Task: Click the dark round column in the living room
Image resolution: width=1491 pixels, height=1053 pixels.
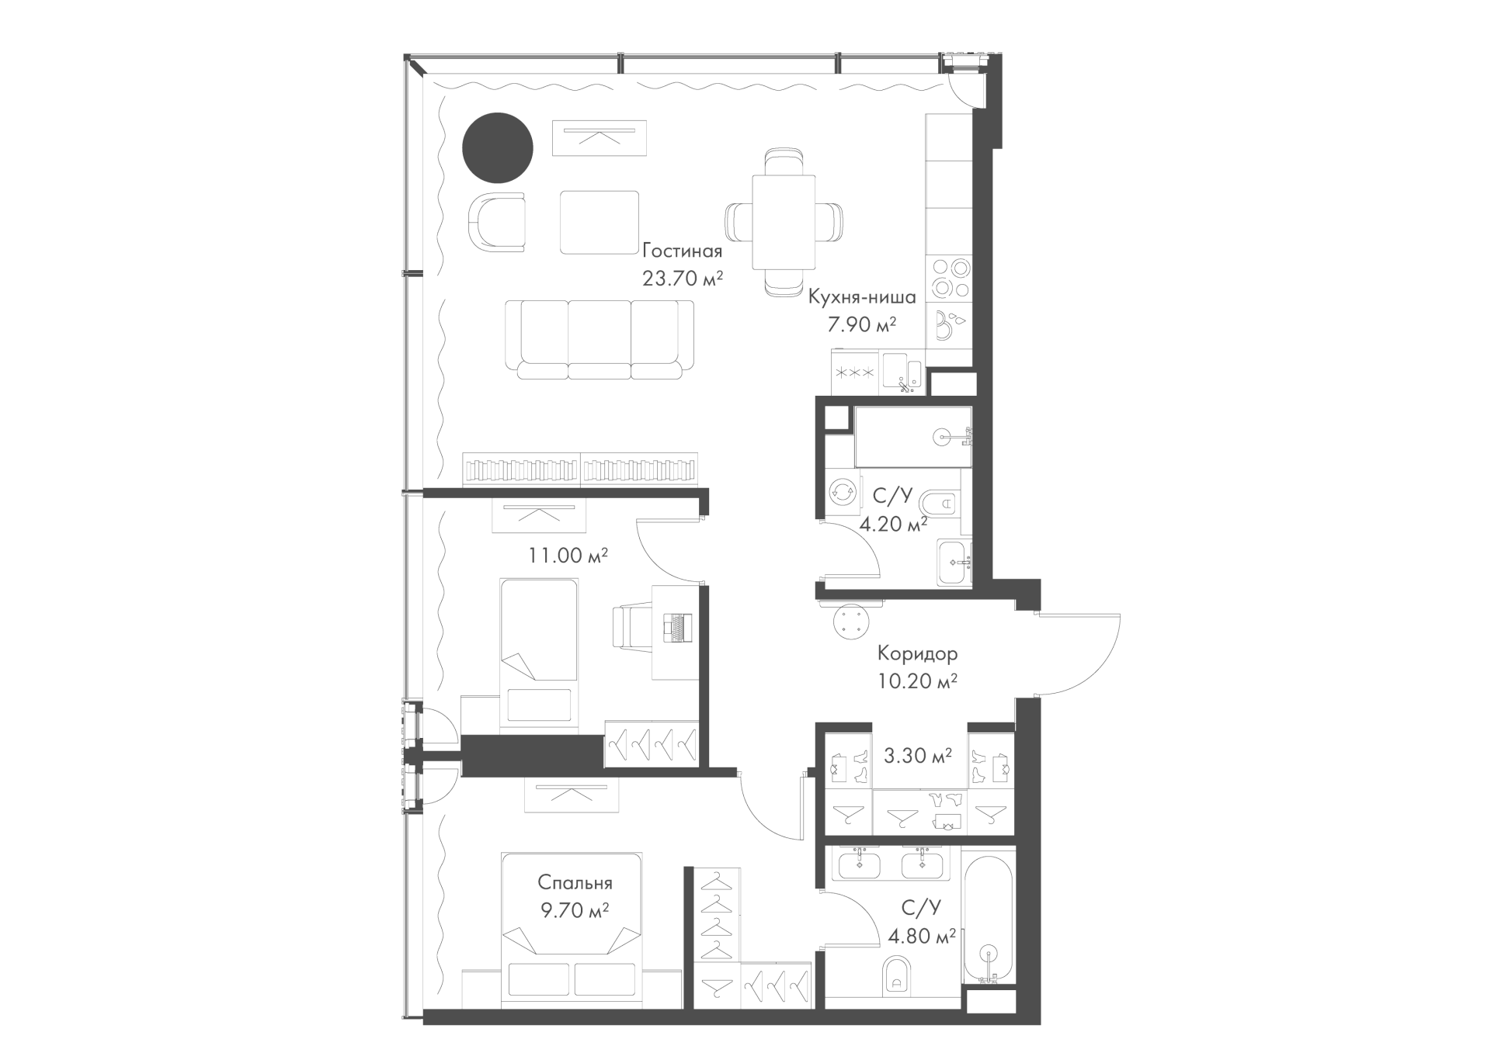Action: click(x=498, y=148)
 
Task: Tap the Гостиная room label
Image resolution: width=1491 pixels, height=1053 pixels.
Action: click(x=683, y=251)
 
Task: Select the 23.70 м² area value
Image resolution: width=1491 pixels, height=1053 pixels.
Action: click(x=683, y=278)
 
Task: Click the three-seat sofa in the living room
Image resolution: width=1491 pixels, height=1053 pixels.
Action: click(x=600, y=340)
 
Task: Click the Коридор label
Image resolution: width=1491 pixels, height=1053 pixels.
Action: click(x=917, y=653)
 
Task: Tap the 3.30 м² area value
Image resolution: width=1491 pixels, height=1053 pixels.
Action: click(x=919, y=755)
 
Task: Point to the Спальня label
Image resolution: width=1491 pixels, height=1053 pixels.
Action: click(x=575, y=883)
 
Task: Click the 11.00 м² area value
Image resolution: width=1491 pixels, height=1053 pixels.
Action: click(x=568, y=556)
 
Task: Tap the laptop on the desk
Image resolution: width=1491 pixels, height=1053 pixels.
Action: click(x=676, y=627)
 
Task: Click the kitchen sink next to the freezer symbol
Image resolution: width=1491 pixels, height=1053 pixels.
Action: click(x=902, y=372)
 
